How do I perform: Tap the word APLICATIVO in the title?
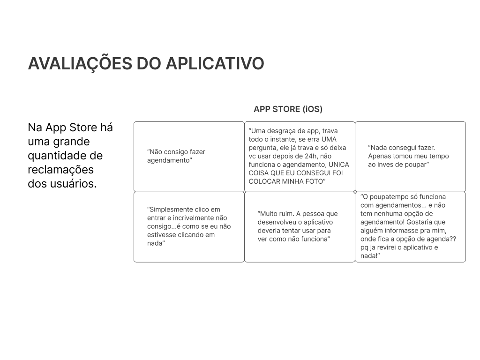pyautogui.click(x=215, y=63)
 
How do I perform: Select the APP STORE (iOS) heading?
pyautogui.click(x=288, y=109)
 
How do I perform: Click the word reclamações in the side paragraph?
pyautogui.click(x=60, y=170)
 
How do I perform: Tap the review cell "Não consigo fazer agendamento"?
pyautogui.click(x=189, y=157)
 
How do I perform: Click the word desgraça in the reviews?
pyautogui.click(x=286, y=131)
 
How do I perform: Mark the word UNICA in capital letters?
pyautogui.click(x=339, y=165)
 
